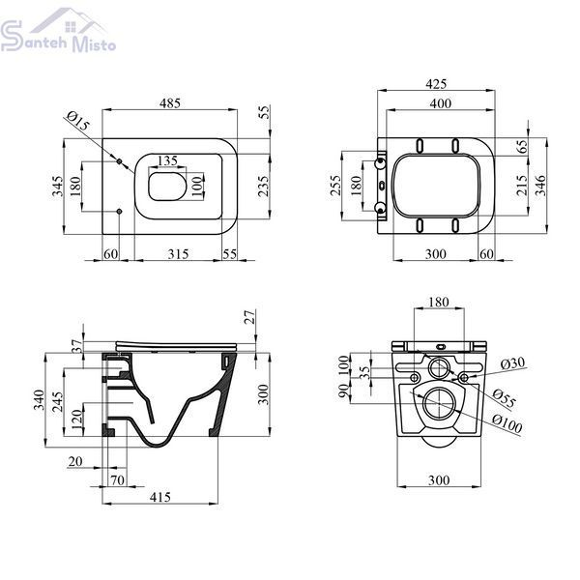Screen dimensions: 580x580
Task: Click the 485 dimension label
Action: pyautogui.click(x=170, y=102)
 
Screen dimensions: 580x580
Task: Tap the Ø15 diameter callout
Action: pyautogui.click(x=78, y=121)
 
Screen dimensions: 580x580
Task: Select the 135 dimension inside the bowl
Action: pyautogui.click(x=167, y=160)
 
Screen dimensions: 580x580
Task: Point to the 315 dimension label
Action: pyautogui.click(x=178, y=254)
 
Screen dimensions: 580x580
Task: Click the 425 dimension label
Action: pyautogui.click(x=436, y=84)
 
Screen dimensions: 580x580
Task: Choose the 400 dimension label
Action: pyautogui.click(x=441, y=103)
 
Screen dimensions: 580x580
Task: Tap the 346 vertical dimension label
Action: pyautogui.click(x=540, y=186)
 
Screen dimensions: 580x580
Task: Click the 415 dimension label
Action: pyautogui.click(x=160, y=497)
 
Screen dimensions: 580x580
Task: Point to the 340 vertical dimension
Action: pyautogui.click(x=39, y=400)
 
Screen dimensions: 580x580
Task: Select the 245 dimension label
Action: pyautogui.click(x=57, y=403)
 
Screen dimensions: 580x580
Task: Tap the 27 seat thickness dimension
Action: pyautogui.click(x=250, y=317)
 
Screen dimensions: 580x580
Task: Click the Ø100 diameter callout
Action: pyautogui.click(x=507, y=424)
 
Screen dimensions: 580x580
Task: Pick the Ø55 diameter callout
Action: pyautogui.click(x=504, y=398)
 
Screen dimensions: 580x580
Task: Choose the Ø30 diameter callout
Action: pyautogui.click(x=513, y=363)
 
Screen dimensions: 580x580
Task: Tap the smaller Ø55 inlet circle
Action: pyautogui.click(x=439, y=367)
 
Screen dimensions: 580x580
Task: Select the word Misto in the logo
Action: pyautogui.click(x=94, y=43)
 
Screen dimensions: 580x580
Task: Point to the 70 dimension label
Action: pyautogui.click(x=117, y=479)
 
